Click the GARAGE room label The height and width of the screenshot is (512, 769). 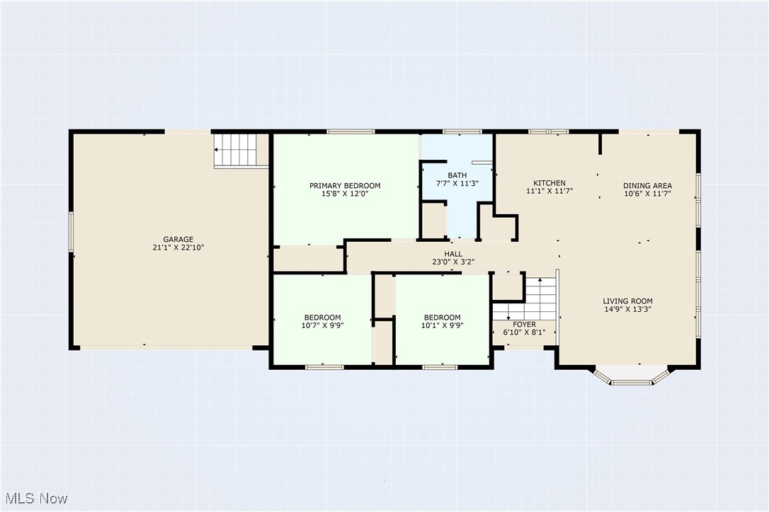pyautogui.click(x=178, y=240)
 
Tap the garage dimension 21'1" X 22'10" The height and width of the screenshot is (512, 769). pyautogui.click(x=178, y=248)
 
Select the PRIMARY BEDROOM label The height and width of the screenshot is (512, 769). pyautogui.click(x=345, y=186)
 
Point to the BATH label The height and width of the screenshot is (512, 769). pyautogui.click(x=457, y=175)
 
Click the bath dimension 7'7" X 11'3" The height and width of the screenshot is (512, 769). pyautogui.click(x=457, y=183)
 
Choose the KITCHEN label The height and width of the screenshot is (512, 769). pyautogui.click(x=549, y=182)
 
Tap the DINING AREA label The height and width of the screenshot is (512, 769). pyautogui.click(x=647, y=186)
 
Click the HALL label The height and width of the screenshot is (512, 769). pyautogui.click(x=453, y=254)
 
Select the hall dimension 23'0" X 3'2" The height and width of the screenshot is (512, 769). pyautogui.click(x=453, y=262)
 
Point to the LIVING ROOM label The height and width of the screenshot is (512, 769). pyautogui.click(x=628, y=301)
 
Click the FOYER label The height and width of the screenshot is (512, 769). pyautogui.click(x=524, y=325)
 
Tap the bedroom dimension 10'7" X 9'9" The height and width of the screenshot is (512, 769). pyautogui.click(x=322, y=325)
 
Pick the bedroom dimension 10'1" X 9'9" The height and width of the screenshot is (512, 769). pyautogui.click(x=442, y=325)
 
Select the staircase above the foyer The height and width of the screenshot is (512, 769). pyautogui.click(x=525, y=298)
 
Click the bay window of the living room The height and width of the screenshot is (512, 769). pyautogui.click(x=632, y=376)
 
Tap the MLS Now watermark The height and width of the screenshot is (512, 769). pyautogui.click(x=36, y=499)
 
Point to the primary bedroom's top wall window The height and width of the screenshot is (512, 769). pyautogui.click(x=351, y=132)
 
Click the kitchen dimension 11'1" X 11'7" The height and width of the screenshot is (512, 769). pyautogui.click(x=549, y=191)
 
